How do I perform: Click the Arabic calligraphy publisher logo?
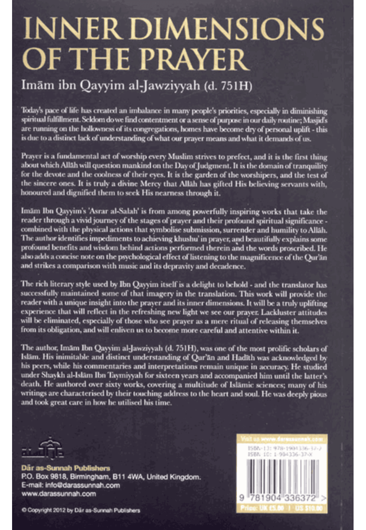(x=42, y=448)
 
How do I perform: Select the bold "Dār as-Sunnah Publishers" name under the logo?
(x=66, y=468)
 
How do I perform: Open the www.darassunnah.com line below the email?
(x=59, y=494)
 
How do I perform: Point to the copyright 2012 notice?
(x=81, y=510)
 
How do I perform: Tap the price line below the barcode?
(x=282, y=508)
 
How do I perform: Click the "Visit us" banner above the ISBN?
(x=282, y=439)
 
